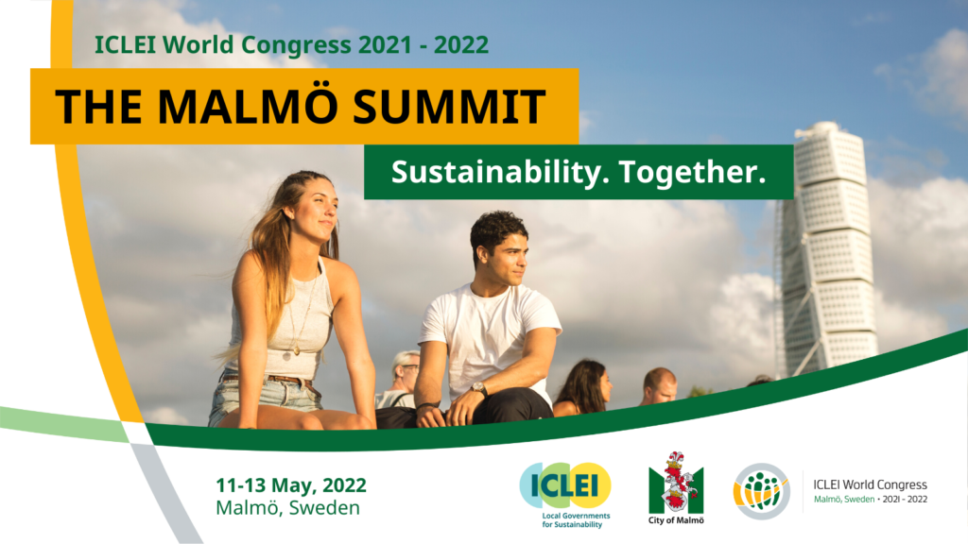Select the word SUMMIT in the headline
click(x=449, y=107)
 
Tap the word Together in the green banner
click(x=692, y=172)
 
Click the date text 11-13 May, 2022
click(x=291, y=485)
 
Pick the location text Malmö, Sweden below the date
click(x=287, y=507)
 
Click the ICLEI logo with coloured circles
click(x=565, y=485)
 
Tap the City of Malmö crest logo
click(x=676, y=483)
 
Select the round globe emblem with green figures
click(x=761, y=491)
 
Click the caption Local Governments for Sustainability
click(x=576, y=520)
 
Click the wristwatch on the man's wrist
click(x=477, y=388)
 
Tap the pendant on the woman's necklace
click(x=296, y=350)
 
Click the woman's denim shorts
click(x=266, y=395)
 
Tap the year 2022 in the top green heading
click(x=461, y=45)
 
